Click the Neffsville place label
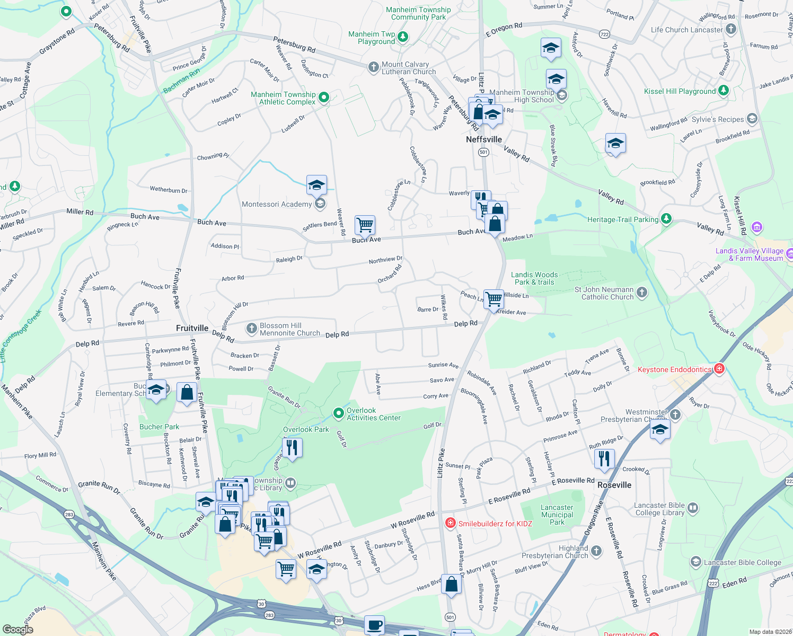(483, 139)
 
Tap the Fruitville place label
(192, 328)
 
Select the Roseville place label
(614, 485)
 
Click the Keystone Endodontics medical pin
(719, 368)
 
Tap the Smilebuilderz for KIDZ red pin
(450, 523)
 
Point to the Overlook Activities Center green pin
(338, 413)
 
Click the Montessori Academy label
(277, 204)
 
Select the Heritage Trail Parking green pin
(666, 218)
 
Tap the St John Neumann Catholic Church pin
(641, 292)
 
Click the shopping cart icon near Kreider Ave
(494, 298)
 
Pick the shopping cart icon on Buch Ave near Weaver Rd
(365, 225)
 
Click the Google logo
(18, 629)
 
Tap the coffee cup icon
(374, 625)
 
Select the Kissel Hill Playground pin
(724, 91)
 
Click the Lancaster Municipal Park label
(557, 515)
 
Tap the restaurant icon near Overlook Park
(292, 448)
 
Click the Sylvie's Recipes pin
(752, 118)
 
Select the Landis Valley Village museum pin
(757, 228)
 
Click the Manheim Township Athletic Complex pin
(324, 97)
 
